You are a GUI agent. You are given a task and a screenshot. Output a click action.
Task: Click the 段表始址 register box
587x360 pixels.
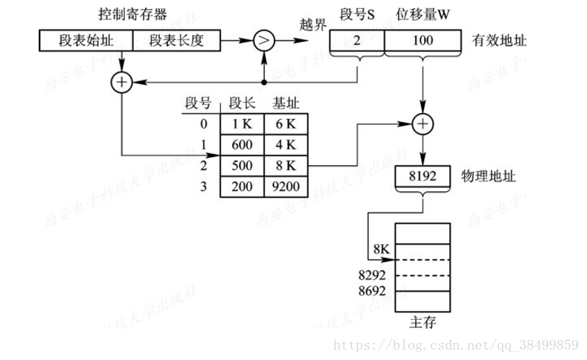click(x=86, y=41)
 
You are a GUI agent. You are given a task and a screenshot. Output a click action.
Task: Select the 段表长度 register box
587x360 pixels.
click(x=177, y=41)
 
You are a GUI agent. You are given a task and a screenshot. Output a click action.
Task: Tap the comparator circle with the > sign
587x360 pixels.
click(x=264, y=41)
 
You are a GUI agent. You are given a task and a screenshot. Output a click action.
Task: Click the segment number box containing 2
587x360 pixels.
click(x=357, y=41)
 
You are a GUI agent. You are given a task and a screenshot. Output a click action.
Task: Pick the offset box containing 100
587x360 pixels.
click(x=422, y=41)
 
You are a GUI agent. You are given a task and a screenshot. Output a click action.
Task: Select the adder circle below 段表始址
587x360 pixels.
click(x=121, y=82)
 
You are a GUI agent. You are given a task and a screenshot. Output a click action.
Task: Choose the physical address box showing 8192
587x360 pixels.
click(x=422, y=177)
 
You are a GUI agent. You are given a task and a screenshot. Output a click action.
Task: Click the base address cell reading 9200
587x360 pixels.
click(x=285, y=186)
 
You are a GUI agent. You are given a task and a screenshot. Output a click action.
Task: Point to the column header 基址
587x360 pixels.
click(x=286, y=103)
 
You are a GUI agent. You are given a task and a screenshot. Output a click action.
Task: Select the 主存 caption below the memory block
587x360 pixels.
click(x=422, y=323)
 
